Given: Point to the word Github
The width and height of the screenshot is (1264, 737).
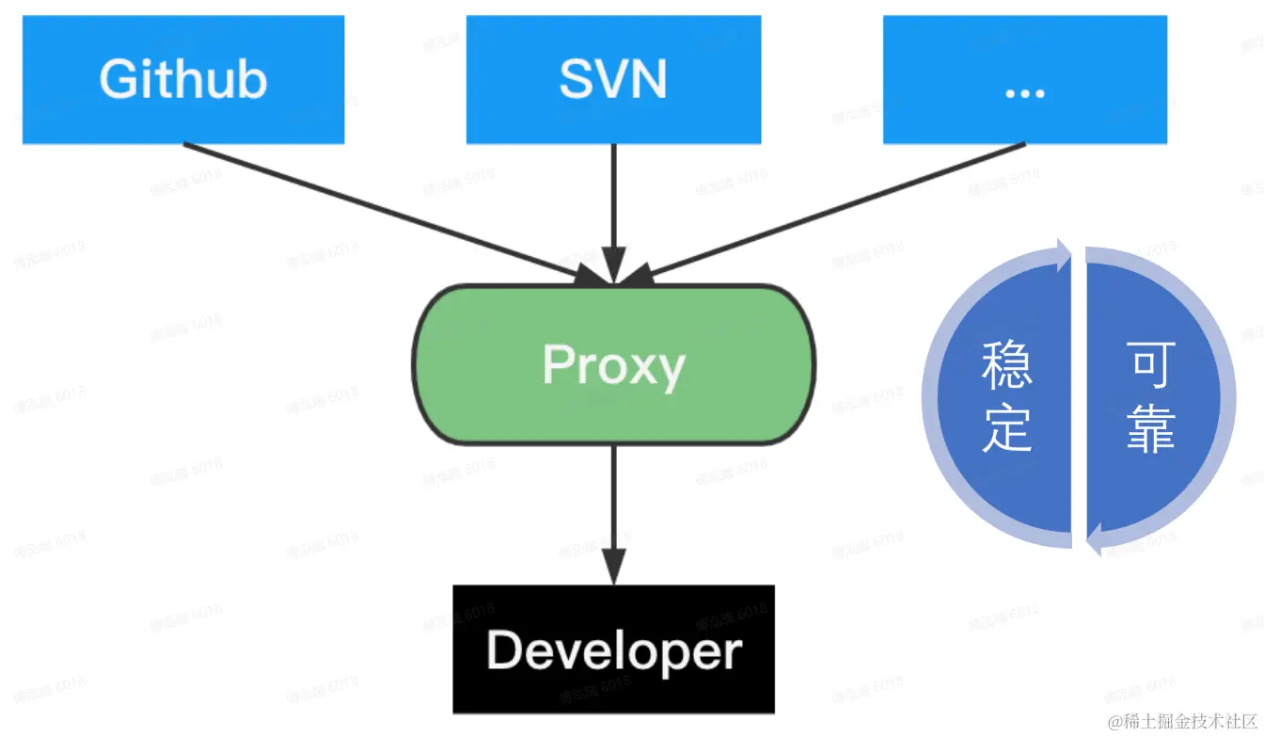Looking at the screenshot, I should coord(183,80).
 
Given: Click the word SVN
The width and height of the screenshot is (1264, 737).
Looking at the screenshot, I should coord(613,80).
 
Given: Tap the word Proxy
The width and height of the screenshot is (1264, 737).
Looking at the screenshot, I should coord(613,365).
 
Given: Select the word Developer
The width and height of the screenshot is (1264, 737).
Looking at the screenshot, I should coord(613,650).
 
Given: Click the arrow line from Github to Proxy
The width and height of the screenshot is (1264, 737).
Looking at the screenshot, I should coord(376,208).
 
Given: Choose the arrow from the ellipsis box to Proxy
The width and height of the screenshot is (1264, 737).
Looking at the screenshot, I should coord(837,208).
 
